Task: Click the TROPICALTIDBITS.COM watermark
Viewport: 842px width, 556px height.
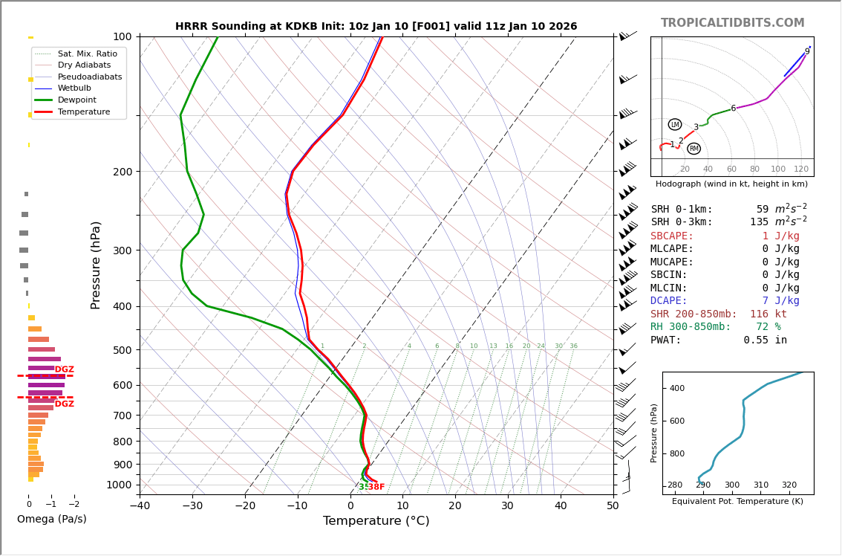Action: (732, 24)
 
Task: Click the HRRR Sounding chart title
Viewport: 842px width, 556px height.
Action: (376, 27)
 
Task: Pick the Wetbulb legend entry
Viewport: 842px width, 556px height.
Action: (74, 88)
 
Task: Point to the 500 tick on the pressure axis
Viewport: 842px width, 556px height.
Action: (122, 350)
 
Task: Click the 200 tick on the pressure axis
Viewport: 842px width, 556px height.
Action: (122, 172)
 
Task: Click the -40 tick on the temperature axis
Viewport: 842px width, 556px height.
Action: (140, 506)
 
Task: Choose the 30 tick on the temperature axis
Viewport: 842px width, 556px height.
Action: (507, 506)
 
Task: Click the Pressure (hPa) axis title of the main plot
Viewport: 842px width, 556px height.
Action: (96, 265)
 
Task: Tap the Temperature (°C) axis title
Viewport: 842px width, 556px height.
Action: (376, 521)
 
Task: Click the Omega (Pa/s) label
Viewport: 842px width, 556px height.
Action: (52, 519)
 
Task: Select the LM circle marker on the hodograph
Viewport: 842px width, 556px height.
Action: (674, 125)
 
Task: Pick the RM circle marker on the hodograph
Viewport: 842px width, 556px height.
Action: (693, 149)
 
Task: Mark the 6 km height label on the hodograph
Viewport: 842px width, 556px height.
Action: (733, 109)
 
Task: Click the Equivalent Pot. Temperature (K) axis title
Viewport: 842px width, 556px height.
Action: (737, 502)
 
